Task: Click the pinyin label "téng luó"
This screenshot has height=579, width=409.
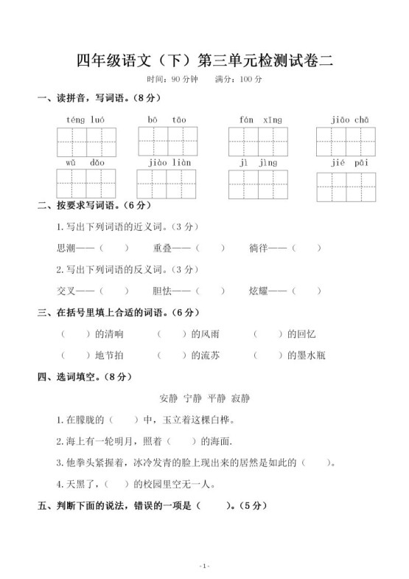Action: [85, 119]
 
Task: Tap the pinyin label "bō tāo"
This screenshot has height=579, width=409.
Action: [167, 119]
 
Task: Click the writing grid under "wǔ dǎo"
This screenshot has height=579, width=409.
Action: [85, 184]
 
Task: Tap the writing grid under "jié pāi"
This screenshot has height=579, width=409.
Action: [346, 187]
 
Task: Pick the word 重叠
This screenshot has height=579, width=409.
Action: [163, 248]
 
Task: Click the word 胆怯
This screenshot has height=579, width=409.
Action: [163, 291]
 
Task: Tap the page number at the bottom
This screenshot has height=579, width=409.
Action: [204, 566]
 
